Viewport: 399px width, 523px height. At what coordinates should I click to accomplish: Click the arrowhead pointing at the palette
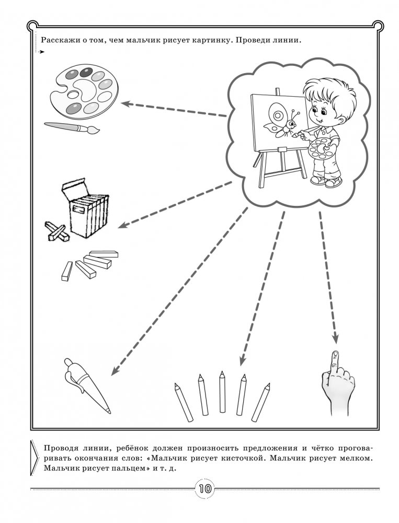point(126,103)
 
